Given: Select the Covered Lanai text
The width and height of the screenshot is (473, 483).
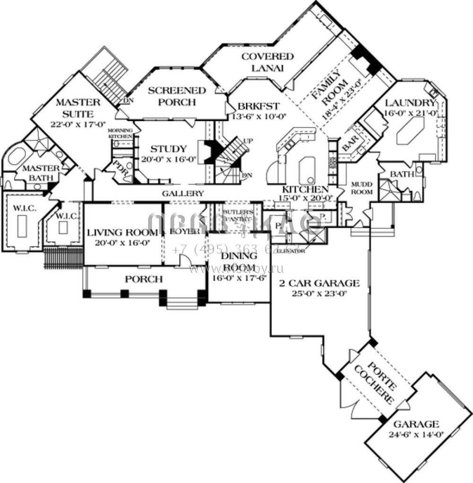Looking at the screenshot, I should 267,62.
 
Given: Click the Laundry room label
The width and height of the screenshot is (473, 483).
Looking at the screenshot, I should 410,103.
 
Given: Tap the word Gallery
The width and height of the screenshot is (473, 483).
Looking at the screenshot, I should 183,193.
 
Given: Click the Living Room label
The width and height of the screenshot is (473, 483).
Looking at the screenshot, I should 123,232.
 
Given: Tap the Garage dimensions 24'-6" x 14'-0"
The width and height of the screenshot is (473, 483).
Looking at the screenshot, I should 416,434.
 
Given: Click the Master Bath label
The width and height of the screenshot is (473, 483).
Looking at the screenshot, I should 42,173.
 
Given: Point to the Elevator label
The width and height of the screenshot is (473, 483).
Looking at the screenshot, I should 290,251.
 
